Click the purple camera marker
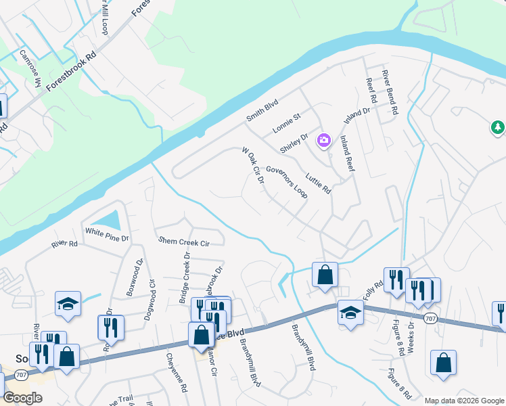pos(324,139)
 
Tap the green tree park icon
pos(497,127)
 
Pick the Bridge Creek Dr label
pos(184,276)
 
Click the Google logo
pos(23,398)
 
